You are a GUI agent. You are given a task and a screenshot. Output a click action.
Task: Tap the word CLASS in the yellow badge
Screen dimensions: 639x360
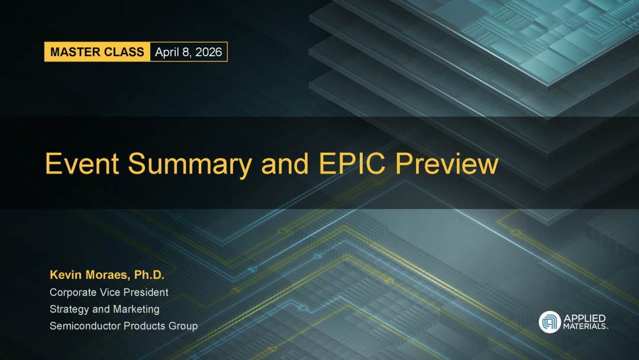click(119, 52)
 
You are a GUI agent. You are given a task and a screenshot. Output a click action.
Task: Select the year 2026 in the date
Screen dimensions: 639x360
click(209, 52)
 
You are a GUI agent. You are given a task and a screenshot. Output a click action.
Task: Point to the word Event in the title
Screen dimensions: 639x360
click(82, 163)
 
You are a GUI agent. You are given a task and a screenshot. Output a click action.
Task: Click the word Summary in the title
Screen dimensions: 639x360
click(190, 165)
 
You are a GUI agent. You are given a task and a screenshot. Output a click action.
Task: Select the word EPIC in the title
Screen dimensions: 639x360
click(352, 163)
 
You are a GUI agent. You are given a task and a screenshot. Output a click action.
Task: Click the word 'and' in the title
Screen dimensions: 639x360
click(285, 163)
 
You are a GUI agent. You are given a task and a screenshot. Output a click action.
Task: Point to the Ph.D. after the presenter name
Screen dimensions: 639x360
click(149, 275)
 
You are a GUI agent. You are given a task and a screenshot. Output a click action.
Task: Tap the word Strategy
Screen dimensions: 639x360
click(69, 310)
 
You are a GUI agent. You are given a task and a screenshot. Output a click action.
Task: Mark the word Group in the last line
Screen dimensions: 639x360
click(183, 326)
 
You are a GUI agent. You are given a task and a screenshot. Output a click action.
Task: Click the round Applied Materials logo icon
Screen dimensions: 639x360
click(550, 322)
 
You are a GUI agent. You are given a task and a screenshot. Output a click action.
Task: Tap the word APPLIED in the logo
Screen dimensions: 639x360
click(585, 319)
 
